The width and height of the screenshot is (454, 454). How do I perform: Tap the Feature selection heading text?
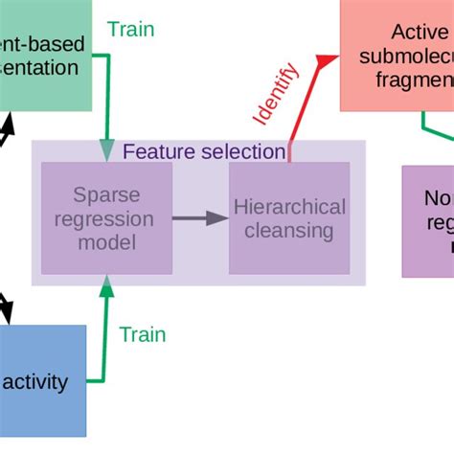tap(204, 151)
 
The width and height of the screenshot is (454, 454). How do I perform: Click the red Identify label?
tap(275, 94)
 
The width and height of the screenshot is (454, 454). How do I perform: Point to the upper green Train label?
tap(130, 29)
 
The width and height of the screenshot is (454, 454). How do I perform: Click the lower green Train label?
tap(142, 334)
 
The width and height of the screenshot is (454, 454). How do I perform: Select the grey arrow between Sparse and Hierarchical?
tap(199, 218)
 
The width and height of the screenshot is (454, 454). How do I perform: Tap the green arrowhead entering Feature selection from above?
tap(106, 150)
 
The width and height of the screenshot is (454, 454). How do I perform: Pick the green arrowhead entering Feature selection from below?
tap(107, 284)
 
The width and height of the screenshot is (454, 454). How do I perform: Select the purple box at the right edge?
tap(427, 220)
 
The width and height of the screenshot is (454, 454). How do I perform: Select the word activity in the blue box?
tap(35, 382)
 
